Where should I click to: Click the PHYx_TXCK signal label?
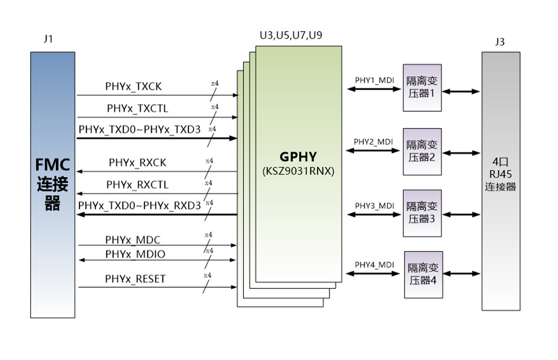pos(133,86)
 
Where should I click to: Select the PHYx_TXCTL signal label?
pos(137,108)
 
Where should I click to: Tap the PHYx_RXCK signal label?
pos(138,163)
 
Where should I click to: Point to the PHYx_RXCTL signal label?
pos(137,185)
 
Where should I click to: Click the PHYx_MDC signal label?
pos(133,240)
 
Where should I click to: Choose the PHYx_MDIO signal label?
pos(135,254)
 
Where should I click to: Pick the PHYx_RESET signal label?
pos(135,279)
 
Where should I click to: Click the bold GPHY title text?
pos(298,156)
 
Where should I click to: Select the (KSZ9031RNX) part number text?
pos(298,170)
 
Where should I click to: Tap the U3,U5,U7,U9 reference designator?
pos(291,36)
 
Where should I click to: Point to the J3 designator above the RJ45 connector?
pos(499,42)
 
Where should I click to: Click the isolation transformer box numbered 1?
pos(422,87)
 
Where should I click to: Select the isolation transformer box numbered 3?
pos(422,213)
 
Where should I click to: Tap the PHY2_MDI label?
pos(373,142)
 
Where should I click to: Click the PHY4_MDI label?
pos(374,265)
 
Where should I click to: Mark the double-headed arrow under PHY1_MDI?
pos(374,89)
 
